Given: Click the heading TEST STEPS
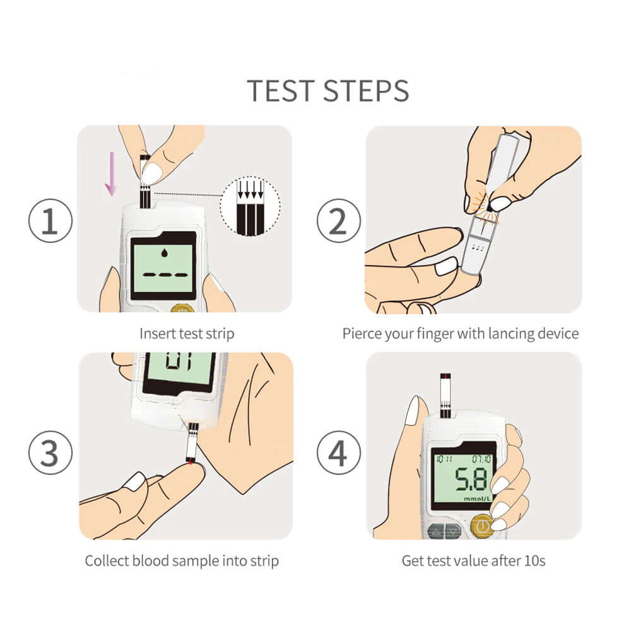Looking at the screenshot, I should click(x=327, y=91).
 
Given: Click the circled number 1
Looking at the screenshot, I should click(x=50, y=223).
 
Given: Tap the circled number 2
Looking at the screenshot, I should click(x=338, y=223).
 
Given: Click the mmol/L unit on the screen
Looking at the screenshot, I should click(x=477, y=499).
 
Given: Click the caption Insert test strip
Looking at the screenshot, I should click(x=186, y=333).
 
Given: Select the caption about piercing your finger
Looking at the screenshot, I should click(x=460, y=333).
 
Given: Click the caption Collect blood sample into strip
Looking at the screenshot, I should click(x=182, y=560).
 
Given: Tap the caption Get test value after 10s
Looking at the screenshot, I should click(x=473, y=560).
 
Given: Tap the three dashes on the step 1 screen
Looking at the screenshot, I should click(x=164, y=276).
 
